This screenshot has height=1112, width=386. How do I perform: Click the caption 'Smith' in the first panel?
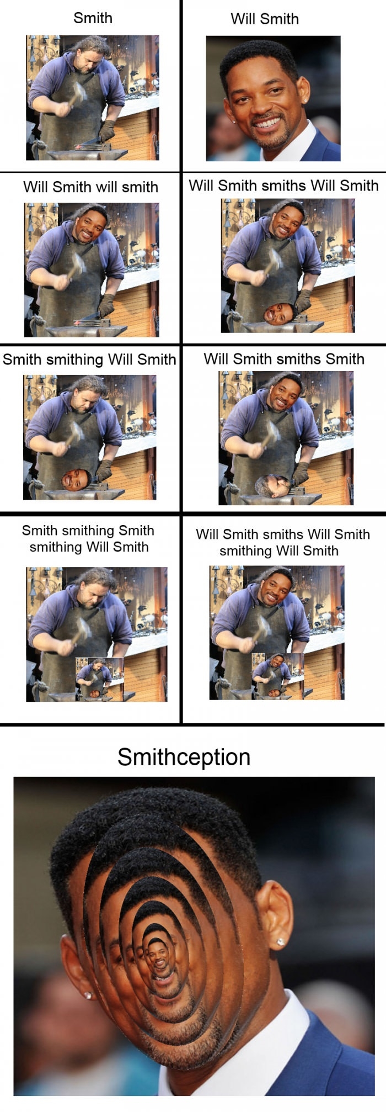(93, 18)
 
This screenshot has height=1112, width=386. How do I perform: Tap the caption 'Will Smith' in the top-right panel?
(264, 19)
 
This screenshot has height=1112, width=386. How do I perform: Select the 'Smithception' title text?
(184, 756)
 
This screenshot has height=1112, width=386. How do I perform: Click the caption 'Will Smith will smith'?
(90, 187)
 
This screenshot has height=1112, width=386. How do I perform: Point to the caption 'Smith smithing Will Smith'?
(89, 359)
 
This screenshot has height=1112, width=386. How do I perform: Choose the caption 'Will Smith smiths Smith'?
(283, 359)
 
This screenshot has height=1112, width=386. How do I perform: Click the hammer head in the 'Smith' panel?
(78, 92)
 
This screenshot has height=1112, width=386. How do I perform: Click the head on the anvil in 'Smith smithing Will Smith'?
(76, 479)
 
